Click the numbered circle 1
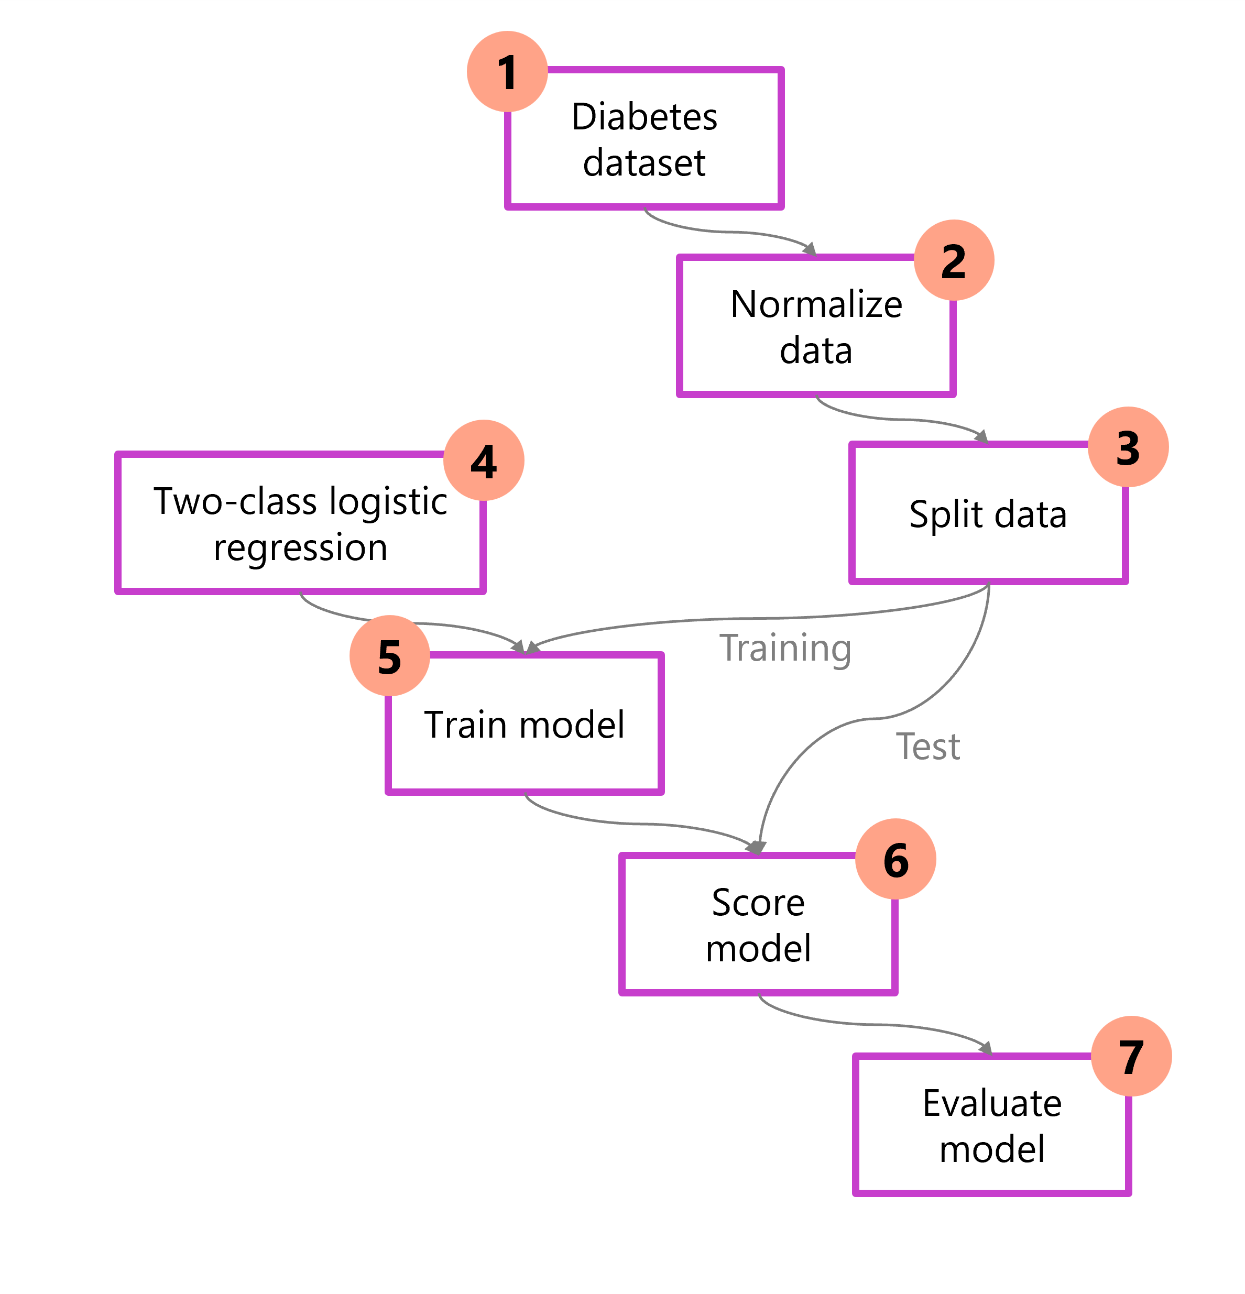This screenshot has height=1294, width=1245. tap(507, 71)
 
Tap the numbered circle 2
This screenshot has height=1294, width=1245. tap(954, 260)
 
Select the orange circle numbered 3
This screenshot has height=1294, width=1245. tap(1128, 447)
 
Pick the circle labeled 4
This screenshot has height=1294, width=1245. tap(484, 460)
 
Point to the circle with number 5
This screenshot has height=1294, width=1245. tap(390, 655)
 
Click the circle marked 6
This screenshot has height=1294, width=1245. tap(895, 859)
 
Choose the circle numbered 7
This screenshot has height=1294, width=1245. tap(1131, 1056)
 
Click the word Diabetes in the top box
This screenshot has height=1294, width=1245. tap(644, 117)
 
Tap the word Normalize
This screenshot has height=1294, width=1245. tap(816, 304)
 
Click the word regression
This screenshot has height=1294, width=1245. tap(301, 547)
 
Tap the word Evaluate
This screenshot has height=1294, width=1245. tap(992, 1103)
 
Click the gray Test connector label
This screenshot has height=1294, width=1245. tap(927, 747)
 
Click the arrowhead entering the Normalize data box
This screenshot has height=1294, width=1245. tap(810, 249)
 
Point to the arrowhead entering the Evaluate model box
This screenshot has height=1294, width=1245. tap(986, 1048)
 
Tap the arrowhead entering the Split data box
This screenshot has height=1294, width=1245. tap(981, 436)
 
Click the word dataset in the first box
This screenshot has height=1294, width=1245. tap(644, 162)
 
